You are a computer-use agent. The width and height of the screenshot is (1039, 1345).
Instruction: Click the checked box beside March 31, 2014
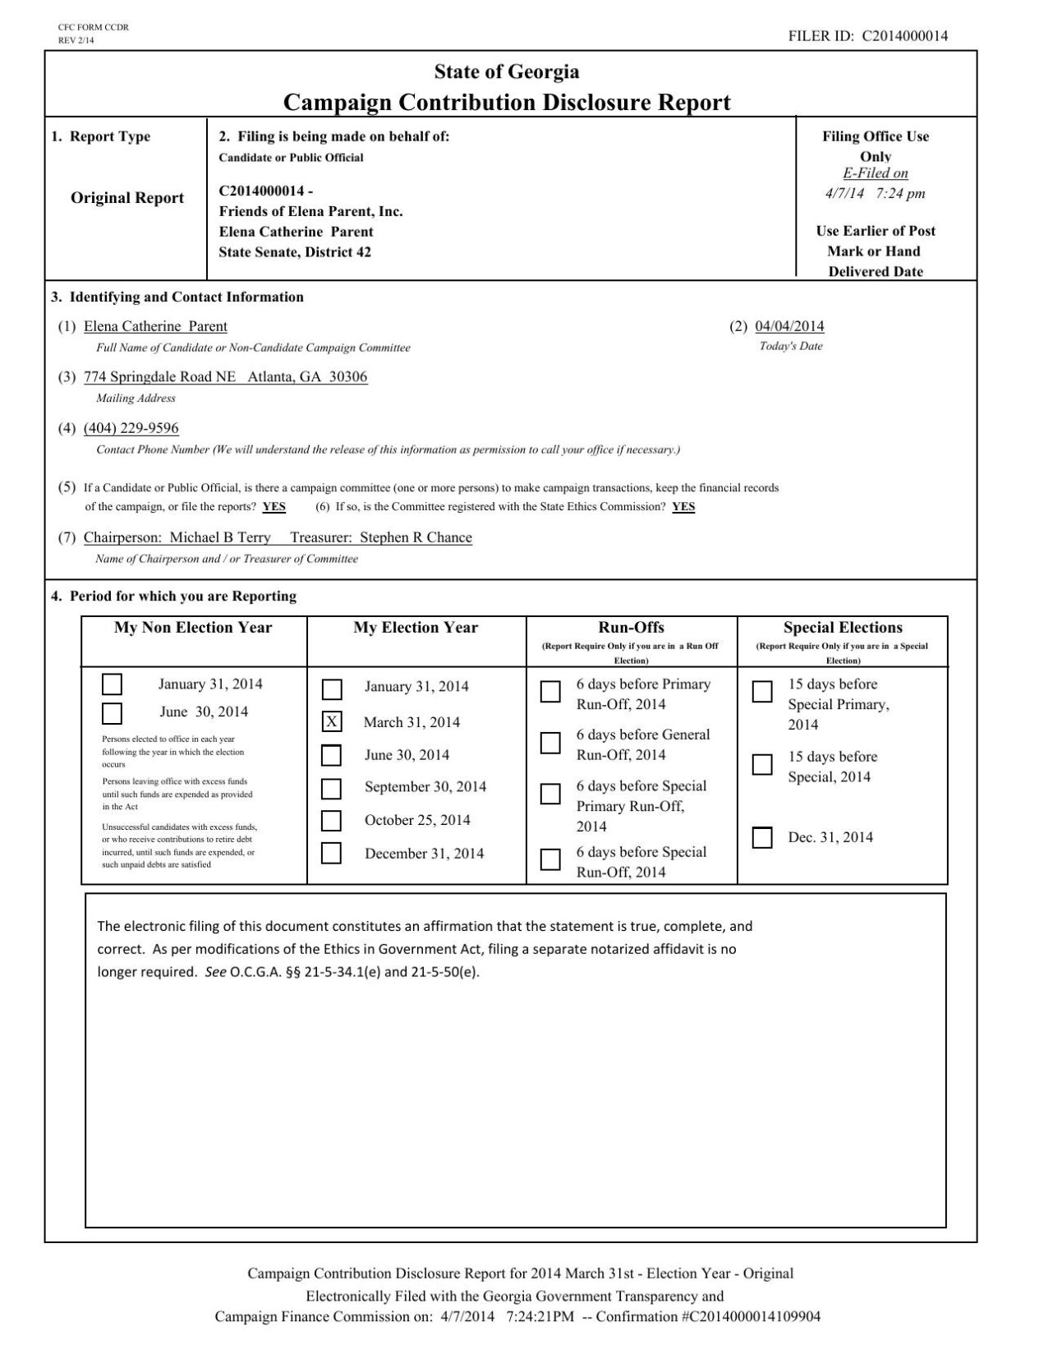[331, 721]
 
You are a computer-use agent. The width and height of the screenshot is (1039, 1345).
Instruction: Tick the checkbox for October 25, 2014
[331, 820]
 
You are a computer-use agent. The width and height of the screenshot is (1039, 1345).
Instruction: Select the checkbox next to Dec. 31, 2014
[762, 837]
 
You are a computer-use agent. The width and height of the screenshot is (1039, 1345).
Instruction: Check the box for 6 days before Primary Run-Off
[550, 692]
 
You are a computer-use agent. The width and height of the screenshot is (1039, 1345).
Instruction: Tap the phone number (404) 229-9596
[131, 428]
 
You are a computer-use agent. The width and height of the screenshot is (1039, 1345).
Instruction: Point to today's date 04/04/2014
[789, 326]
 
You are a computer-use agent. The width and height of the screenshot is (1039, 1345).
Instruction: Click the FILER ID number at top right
[904, 36]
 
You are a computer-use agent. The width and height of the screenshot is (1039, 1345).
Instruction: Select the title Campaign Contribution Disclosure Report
[507, 103]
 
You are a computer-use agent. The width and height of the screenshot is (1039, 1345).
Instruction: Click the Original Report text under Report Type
[127, 198]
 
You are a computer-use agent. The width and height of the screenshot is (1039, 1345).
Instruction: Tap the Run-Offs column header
[631, 628]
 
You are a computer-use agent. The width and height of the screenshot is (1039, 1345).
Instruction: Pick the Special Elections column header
[843, 628]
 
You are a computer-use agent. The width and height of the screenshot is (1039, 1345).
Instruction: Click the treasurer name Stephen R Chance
[416, 537]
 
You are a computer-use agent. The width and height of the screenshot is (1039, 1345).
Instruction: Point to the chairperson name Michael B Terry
[220, 537]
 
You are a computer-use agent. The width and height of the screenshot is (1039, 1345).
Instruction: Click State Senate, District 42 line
[295, 252]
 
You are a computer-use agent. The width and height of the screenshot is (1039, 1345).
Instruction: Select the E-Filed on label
[876, 173]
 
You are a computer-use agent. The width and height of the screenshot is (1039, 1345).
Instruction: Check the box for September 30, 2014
[331, 788]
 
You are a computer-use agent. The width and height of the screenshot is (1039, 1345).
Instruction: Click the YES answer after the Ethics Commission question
[683, 507]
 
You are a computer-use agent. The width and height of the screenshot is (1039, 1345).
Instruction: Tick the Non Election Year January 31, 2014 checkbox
[112, 684]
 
